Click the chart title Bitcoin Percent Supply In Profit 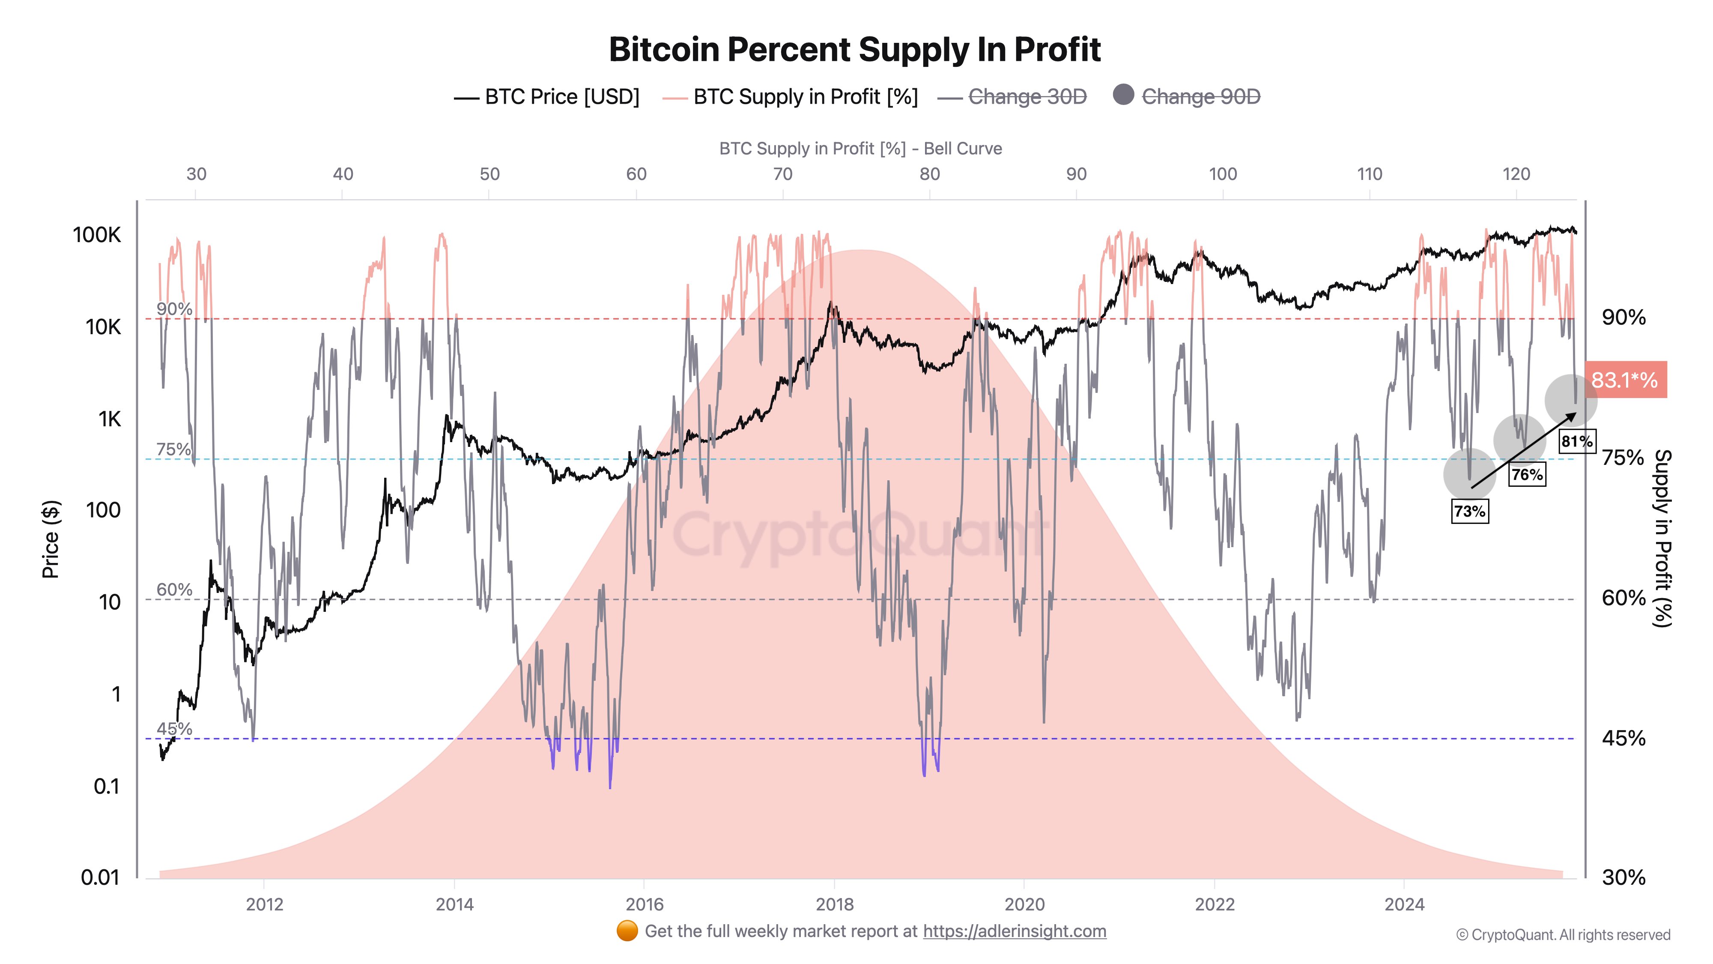coord(854,50)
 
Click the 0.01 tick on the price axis coord(100,877)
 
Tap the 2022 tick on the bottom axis coord(1214,904)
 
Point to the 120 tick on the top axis coord(1516,174)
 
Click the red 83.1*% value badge coord(1624,380)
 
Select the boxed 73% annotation coord(1470,511)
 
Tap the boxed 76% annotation coord(1527,474)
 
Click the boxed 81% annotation coord(1577,441)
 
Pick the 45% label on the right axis coord(1623,738)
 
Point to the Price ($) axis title coord(51,539)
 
